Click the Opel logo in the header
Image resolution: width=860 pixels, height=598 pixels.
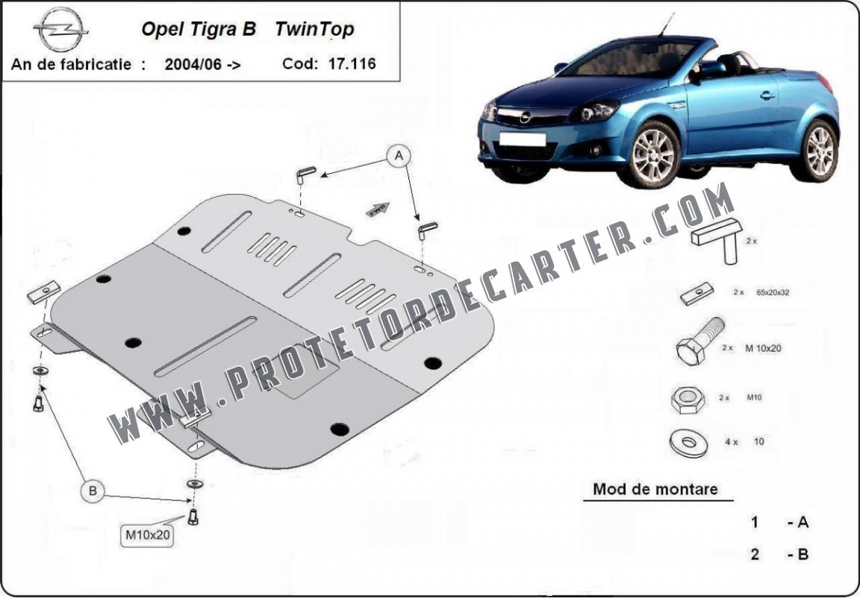61,30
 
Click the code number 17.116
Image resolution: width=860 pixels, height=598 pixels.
352,63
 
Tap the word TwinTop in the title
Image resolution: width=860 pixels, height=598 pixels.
314,30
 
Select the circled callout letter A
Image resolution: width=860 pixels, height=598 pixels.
399,156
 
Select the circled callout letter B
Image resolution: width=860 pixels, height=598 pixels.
92,491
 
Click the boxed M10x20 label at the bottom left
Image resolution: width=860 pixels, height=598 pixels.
148,535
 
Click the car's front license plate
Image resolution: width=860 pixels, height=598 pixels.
522,139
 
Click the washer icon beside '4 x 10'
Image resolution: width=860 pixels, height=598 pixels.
689,442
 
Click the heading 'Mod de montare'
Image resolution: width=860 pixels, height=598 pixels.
655,489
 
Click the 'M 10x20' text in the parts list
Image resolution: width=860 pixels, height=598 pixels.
763,347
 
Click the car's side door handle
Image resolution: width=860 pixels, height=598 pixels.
768,95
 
